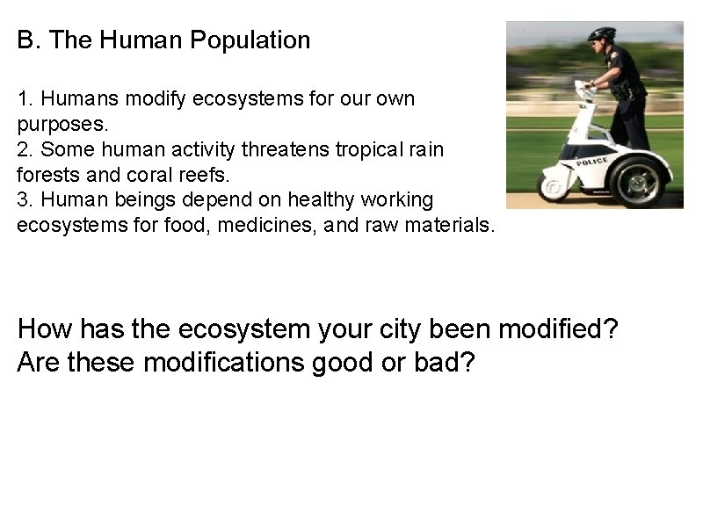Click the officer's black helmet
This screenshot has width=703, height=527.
[602, 34]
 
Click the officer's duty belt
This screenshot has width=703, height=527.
[625, 92]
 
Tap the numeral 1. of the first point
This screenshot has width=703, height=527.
[25, 98]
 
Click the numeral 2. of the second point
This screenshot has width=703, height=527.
[25, 149]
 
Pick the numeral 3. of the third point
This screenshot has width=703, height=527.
[25, 200]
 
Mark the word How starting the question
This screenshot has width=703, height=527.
[45, 330]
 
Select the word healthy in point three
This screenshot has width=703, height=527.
[301, 200]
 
